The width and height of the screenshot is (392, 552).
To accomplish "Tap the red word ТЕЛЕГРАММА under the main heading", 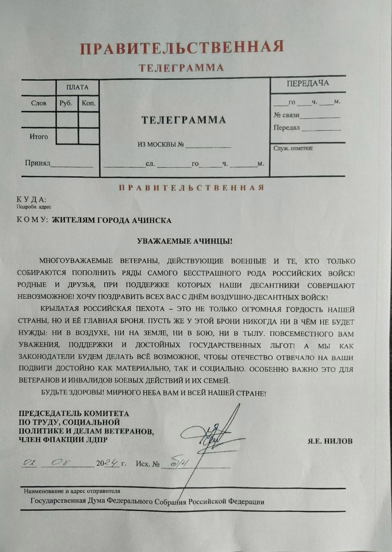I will pos(181,68).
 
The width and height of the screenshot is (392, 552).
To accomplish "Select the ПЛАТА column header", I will pos(77,87).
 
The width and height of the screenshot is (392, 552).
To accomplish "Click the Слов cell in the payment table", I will pos(39,103).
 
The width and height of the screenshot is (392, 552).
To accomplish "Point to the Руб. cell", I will pos(67,103).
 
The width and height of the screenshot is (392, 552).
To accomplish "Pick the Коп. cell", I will pos(88,103).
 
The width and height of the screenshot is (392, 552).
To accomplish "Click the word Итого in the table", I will pos(39,137).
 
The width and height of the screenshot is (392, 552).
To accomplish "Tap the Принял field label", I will pos(38,163).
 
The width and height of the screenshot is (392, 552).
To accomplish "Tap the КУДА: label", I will pos(31,199).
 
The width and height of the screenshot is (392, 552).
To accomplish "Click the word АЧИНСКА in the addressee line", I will pos(153,220).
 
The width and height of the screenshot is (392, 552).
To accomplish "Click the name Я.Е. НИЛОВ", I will pos(330,441).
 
